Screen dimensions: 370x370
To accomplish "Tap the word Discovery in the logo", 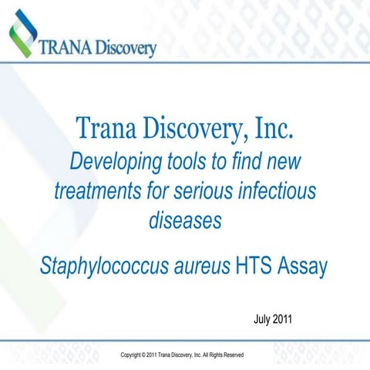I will tap(126, 49).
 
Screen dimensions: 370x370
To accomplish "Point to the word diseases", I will tap(185, 220).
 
